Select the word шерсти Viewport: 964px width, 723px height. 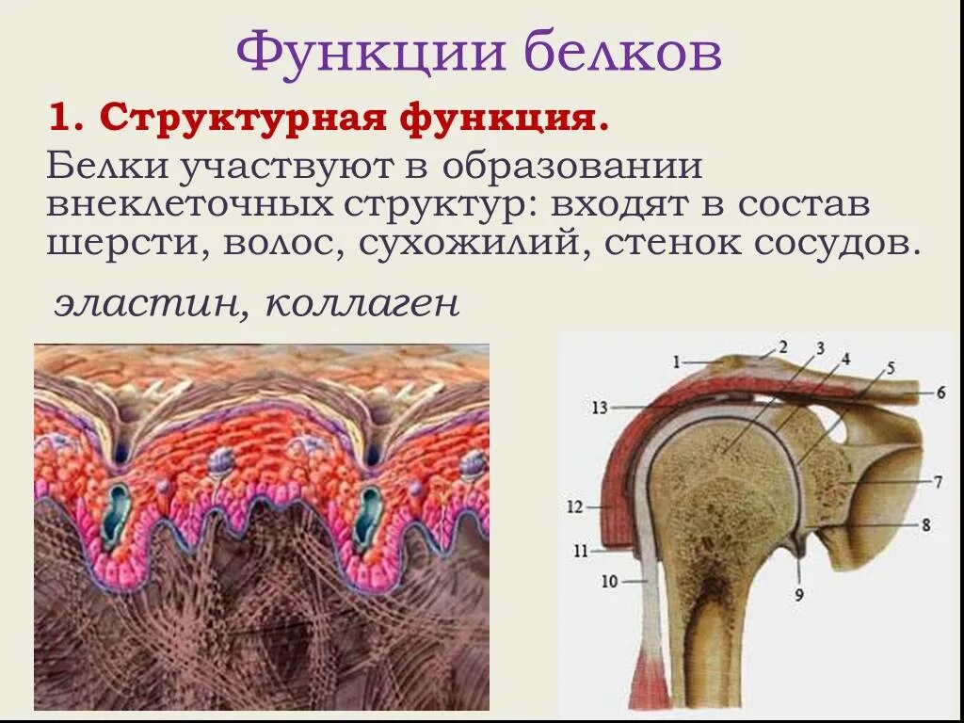[130, 244]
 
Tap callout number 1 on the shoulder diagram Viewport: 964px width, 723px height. [676, 361]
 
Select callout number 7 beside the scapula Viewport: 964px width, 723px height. [938, 482]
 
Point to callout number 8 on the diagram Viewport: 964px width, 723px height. [926, 525]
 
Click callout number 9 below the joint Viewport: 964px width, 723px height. [798, 595]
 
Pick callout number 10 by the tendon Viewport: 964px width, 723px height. [610, 582]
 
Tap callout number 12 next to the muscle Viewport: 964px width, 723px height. [575, 506]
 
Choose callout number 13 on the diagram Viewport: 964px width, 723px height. [601, 408]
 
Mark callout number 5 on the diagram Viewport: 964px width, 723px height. [891, 367]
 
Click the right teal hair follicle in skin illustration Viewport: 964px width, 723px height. [366, 517]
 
